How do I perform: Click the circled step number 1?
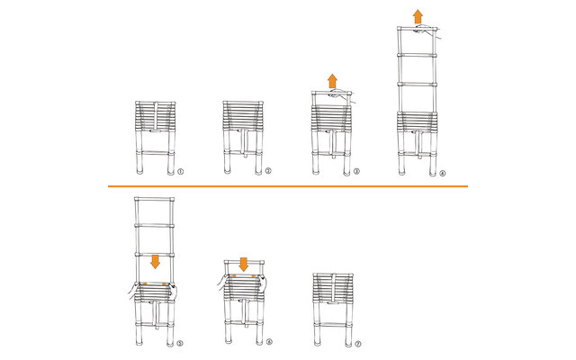[x=180, y=171]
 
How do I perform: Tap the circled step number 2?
[x=268, y=170]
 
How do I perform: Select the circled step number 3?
[x=356, y=171]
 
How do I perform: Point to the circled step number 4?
[x=442, y=173]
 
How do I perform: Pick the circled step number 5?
[x=180, y=344]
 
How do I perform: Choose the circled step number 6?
[x=269, y=342]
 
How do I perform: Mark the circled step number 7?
[x=358, y=344]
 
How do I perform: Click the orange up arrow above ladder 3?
[x=333, y=81]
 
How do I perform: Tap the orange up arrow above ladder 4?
[x=418, y=17]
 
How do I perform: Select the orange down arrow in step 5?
[x=155, y=261]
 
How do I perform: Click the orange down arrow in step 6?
[x=243, y=265]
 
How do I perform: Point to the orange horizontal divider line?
[x=288, y=186]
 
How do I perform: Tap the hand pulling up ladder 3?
[x=342, y=95]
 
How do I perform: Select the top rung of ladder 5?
[x=155, y=200]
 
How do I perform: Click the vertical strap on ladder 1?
[x=156, y=116]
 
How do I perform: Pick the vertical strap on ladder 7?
[x=333, y=288]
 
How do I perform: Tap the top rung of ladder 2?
[x=243, y=103]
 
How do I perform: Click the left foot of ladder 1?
[x=139, y=171]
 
